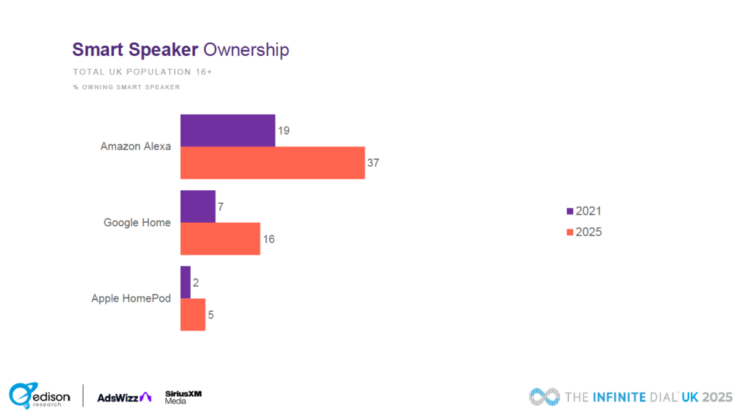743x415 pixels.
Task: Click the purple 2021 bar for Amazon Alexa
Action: (227, 131)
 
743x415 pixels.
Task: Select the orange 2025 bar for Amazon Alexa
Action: (272, 163)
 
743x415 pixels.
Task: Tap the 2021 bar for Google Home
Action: (197, 207)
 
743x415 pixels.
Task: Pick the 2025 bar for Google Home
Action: (220, 239)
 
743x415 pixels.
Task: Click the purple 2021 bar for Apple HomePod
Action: (185, 282)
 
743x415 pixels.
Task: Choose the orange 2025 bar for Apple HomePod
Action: (192, 314)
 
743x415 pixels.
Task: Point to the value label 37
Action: (373, 163)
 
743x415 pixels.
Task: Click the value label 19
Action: (284, 131)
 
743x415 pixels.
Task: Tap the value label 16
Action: (268, 239)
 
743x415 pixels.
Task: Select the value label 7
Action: (221, 207)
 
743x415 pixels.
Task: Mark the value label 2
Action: (196, 282)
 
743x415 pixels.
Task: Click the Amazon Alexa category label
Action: (136, 147)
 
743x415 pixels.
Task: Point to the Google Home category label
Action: (137, 223)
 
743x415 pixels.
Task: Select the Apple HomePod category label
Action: (131, 298)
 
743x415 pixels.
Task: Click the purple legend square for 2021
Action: (570, 212)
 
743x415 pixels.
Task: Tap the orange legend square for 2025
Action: (570, 233)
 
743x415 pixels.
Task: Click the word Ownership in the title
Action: (246, 50)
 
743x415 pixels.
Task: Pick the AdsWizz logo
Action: (124, 396)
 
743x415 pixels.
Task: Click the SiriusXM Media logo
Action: (183, 396)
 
